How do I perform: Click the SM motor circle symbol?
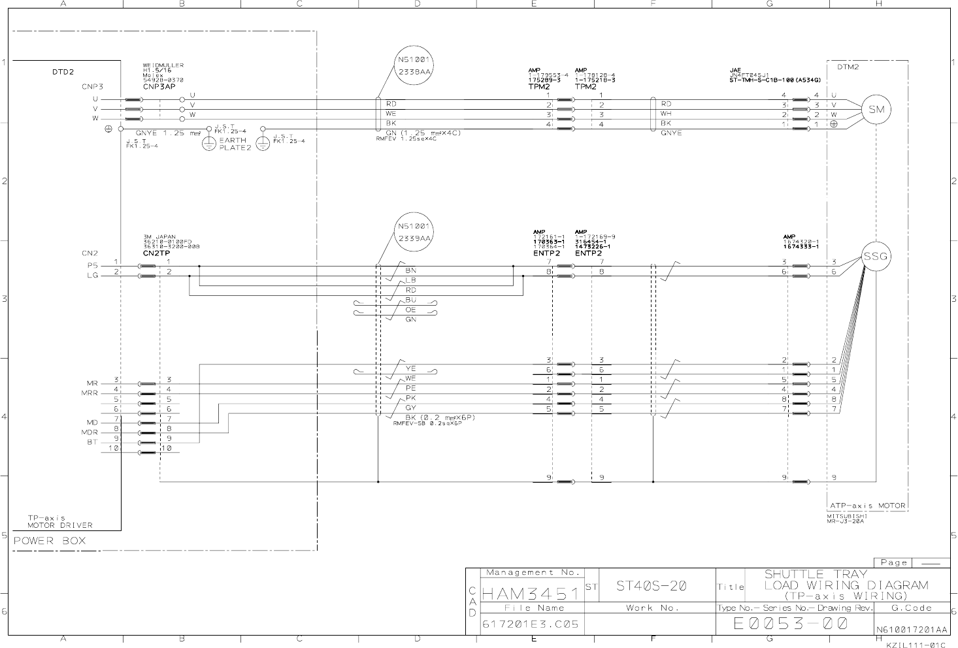(876, 110)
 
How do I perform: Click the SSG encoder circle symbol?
(876, 256)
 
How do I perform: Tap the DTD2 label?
(63, 72)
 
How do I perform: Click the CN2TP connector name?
(156, 252)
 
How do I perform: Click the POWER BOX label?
(50, 541)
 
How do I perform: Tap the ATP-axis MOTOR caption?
(867, 506)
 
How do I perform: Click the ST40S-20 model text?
(651, 586)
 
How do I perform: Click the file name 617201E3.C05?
(531, 624)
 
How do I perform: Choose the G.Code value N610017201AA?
(912, 630)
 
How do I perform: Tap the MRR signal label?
(90, 393)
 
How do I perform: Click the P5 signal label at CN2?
(92, 266)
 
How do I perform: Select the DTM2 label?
(848, 67)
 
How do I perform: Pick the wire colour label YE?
(410, 368)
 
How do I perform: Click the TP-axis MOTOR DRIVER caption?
(59, 521)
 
